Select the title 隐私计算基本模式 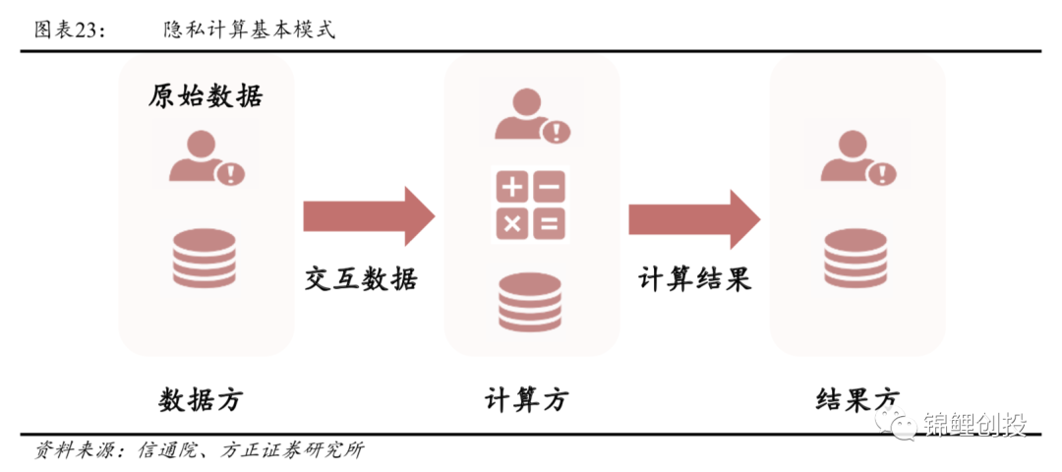coord(250,29)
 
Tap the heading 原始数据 coord(206,95)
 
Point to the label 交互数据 coord(360,279)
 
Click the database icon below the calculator coord(530,301)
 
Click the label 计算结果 coord(695,279)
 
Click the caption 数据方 coord(200,400)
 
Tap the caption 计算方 coord(527,400)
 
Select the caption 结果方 coord(856,400)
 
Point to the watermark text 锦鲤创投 coord(975,425)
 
